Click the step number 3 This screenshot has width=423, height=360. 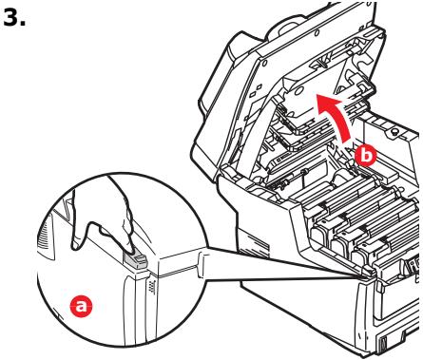11,17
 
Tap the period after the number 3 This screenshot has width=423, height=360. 23,24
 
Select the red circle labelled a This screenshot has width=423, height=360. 82,306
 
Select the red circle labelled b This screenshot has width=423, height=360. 366,156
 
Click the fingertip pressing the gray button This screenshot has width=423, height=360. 130,250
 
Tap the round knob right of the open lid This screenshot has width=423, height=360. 394,132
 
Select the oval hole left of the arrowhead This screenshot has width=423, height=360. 298,92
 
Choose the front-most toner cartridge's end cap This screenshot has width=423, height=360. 364,256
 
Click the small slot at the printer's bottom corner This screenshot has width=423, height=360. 382,342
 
